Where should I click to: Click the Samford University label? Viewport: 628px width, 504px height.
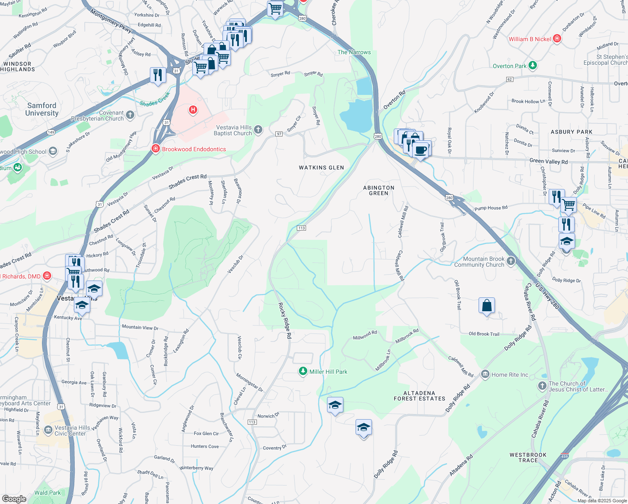click(42, 109)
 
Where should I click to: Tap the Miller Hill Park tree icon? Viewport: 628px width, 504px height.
click(303, 371)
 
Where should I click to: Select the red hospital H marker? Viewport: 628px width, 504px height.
click(193, 110)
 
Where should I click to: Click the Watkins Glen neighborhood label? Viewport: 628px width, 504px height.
click(321, 168)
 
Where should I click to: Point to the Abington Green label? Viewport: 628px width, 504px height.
click(379, 191)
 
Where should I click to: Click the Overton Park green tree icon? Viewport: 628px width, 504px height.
click(533, 65)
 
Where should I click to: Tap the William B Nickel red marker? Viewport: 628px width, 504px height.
click(557, 39)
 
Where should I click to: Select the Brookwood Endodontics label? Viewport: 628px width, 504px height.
click(194, 149)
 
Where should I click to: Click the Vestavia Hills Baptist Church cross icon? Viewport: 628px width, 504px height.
click(258, 130)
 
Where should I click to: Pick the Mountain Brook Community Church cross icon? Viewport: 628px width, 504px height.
click(511, 261)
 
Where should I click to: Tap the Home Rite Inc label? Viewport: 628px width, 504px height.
click(510, 375)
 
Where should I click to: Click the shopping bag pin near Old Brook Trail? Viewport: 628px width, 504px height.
click(487, 305)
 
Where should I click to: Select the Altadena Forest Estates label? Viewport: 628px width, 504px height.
click(419, 396)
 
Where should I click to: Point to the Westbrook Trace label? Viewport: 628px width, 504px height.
click(528, 457)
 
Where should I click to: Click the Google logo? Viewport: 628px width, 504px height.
click(14, 499)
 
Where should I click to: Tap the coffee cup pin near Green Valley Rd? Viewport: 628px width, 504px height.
click(421, 150)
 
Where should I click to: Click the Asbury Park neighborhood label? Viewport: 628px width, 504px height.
click(571, 132)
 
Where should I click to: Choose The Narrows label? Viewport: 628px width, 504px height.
click(354, 52)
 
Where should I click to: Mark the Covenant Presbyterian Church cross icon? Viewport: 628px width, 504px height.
click(130, 115)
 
